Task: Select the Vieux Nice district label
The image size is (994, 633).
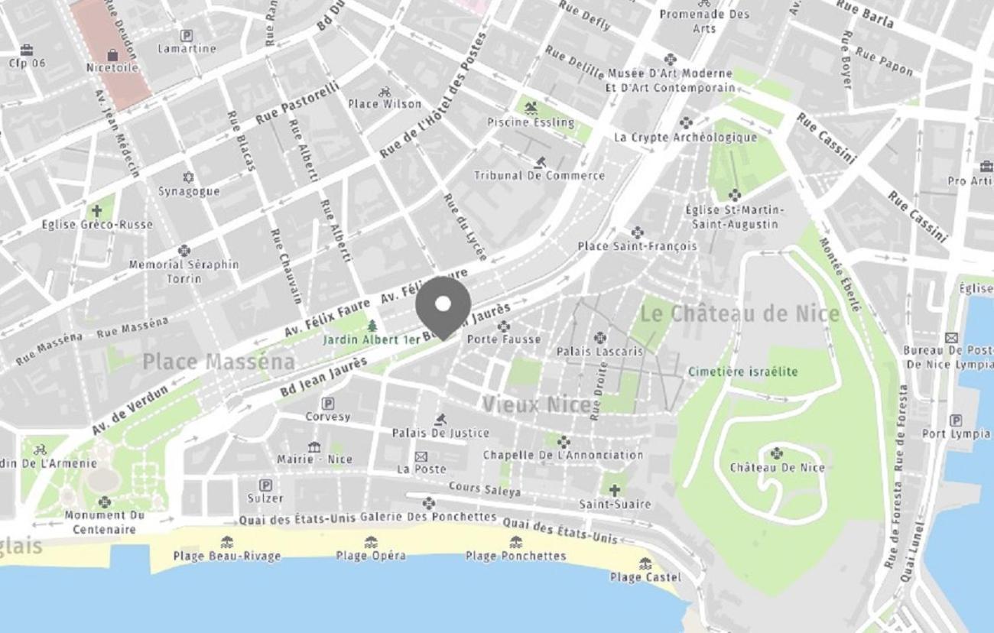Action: (x=536, y=404)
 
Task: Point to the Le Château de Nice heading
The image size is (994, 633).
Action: (x=739, y=313)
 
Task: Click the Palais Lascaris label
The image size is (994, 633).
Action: (x=599, y=352)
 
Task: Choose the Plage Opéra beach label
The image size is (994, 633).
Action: (x=371, y=556)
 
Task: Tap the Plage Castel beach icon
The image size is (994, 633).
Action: (x=645, y=563)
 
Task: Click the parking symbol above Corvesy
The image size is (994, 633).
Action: (x=328, y=403)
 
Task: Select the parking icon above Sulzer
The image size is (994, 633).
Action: (x=265, y=485)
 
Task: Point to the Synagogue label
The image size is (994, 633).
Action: (x=189, y=191)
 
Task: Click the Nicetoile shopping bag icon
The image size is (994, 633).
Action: (x=112, y=55)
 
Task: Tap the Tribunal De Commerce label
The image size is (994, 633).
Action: (x=539, y=176)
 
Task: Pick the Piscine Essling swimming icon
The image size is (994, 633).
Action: (x=531, y=109)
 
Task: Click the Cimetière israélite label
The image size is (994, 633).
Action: (x=742, y=372)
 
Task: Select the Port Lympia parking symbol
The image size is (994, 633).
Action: (x=956, y=420)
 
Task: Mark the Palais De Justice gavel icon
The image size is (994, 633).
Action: (x=440, y=420)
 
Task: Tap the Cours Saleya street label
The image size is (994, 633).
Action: (x=485, y=489)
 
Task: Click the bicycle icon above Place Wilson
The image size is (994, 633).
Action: (x=385, y=92)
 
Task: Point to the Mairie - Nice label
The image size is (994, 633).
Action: (x=314, y=459)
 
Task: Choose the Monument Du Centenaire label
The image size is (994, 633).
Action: (x=105, y=522)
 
